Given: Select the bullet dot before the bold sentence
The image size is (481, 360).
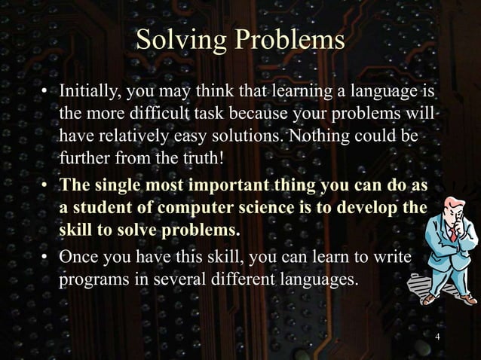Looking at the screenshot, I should (44, 185).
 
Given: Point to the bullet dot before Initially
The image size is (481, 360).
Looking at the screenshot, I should (44, 94).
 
